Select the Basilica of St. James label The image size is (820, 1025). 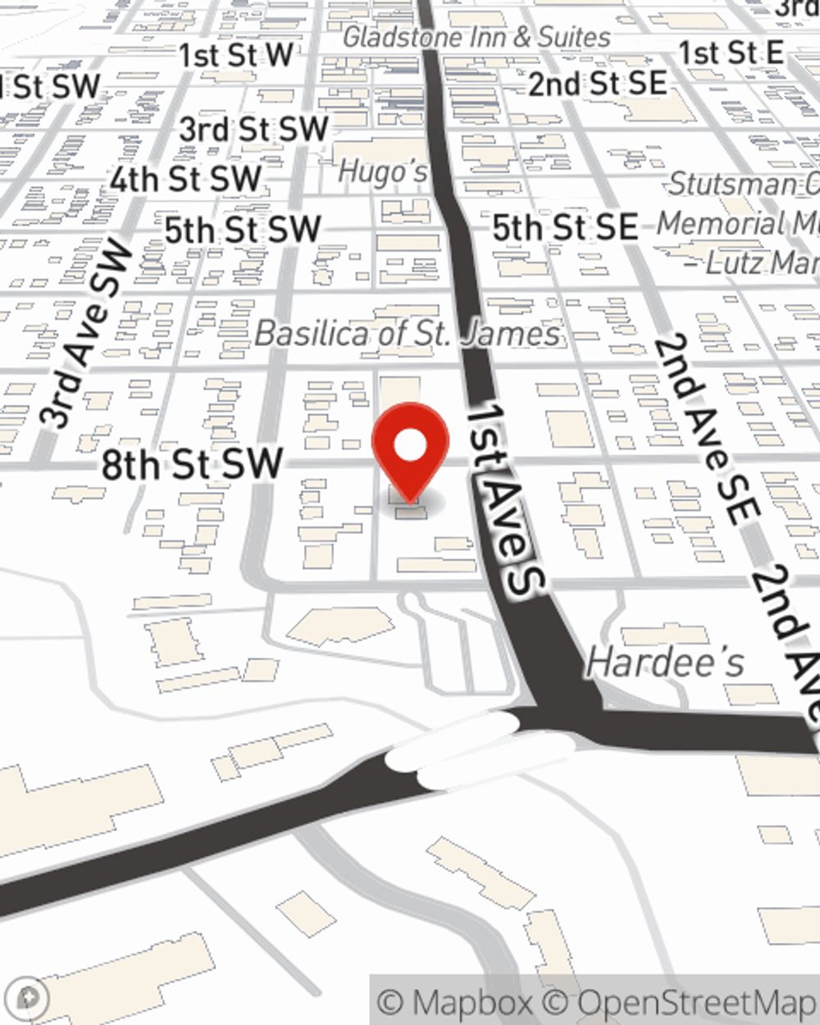(408, 334)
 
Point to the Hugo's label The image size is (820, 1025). (383, 172)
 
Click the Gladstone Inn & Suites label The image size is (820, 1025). (476, 37)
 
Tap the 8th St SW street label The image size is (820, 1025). (192, 465)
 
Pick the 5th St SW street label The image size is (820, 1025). (242, 230)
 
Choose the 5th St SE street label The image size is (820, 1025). (565, 227)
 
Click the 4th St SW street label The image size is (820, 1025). (185, 180)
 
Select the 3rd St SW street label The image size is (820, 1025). (253, 129)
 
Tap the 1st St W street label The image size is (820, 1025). (236, 56)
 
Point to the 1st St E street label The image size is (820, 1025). (731, 53)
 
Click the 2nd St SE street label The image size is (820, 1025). (597, 84)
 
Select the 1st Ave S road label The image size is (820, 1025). (504, 497)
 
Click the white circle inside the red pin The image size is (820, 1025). (410, 446)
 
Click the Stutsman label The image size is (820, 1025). (742, 184)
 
